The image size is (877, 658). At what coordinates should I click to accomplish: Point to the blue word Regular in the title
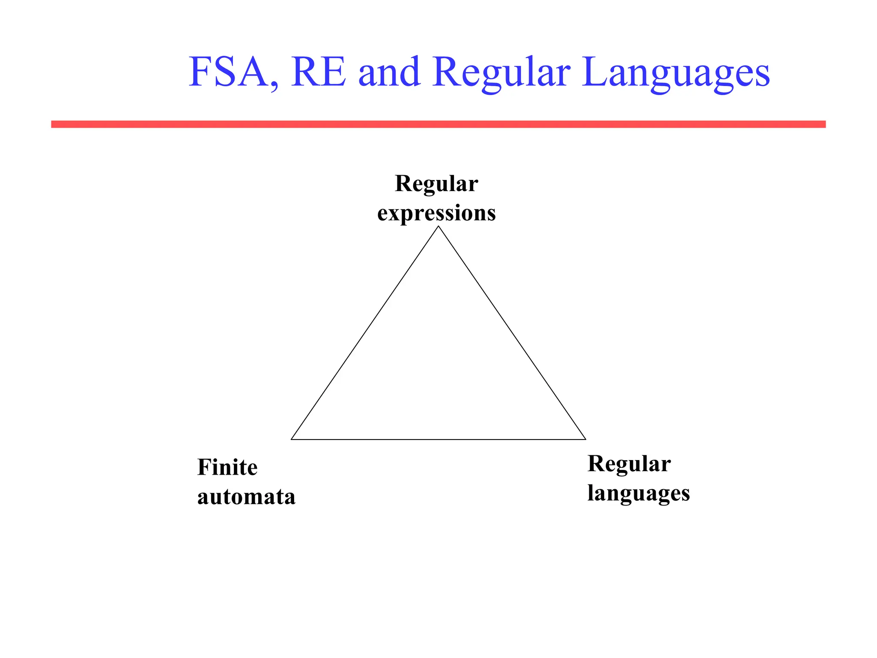click(x=501, y=73)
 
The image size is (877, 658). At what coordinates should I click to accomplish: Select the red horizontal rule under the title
click(x=438, y=124)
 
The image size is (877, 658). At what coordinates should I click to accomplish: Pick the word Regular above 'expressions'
click(x=436, y=184)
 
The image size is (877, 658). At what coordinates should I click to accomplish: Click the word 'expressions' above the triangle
click(x=436, y=213)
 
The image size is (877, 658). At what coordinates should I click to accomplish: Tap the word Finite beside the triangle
click(x=227, y=467)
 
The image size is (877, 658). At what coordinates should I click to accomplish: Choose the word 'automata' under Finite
click(x=246, y=497)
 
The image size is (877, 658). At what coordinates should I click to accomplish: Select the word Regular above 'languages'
click(x=629, y=464)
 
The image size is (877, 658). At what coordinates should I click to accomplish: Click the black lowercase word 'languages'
click(x=638, y=493)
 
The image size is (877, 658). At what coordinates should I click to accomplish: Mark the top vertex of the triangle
click(x=438, y=227)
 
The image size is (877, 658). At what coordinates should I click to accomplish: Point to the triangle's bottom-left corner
click(x=292, y=439)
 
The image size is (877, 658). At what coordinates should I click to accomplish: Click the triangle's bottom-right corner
click(x=585, y=439)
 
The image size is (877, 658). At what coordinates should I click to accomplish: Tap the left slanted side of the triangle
click(x=365, y=333)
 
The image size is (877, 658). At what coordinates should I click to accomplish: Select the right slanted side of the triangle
click(x=512, y=333)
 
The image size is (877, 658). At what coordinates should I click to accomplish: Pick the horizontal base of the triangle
click(x=438, y=440)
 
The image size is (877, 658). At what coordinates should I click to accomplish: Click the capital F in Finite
click(x=204, y=467)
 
